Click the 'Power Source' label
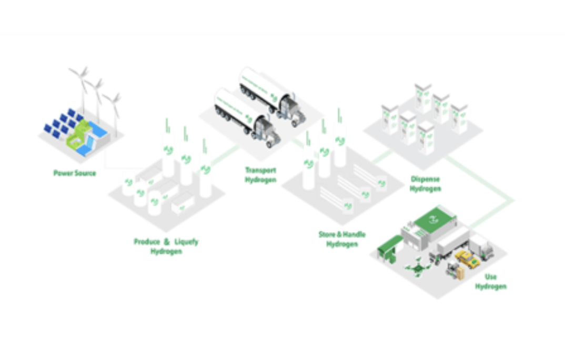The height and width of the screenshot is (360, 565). click(75, 173)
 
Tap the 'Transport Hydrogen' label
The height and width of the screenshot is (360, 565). click(260, 175)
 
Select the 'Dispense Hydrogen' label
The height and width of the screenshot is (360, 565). click(426, 184)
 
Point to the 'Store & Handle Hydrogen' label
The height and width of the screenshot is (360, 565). click(342, 239)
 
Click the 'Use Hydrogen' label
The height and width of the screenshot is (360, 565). click(491, 282)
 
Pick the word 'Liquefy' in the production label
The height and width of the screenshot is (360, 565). click(186, 242)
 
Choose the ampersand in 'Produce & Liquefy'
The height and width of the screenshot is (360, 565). click(166, 242)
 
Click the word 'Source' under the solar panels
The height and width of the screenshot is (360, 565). click(85, 173)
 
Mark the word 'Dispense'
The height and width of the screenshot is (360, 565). click(426, 179)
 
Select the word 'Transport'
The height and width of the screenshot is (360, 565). click(260, 171)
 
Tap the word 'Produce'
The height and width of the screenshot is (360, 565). click(147, 242)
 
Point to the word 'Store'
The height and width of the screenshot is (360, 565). click(327, 234)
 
